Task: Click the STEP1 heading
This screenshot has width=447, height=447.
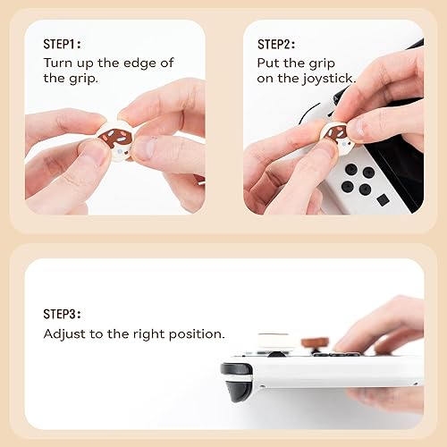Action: (62, 44)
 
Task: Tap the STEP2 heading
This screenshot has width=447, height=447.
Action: (276, 44)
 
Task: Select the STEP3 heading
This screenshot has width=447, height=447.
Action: (63, 314)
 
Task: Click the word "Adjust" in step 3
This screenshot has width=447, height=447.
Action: (64, 333)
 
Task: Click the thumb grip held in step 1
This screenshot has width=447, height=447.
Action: (115, 140)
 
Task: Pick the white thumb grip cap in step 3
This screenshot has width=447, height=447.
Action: (275, 342)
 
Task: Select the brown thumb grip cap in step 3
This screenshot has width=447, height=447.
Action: (315, 344)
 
